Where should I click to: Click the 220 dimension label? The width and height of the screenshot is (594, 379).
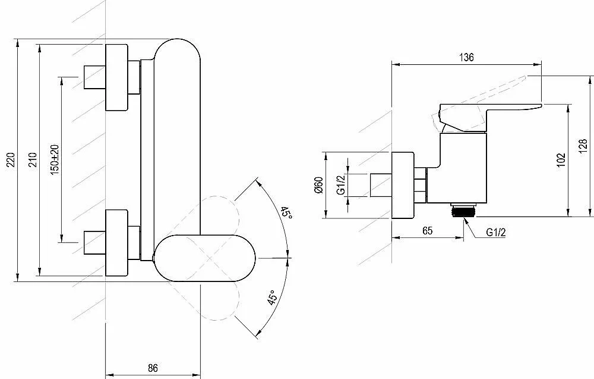pos(11,159)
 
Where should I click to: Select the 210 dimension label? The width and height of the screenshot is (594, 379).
pos(33,159)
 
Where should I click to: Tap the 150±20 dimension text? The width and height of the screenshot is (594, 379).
pos(55,159)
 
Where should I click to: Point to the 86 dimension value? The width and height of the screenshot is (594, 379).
pos(153,368)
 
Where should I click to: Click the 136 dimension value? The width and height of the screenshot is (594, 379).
pos(466,57)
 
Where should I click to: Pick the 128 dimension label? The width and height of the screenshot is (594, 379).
pos(583,146)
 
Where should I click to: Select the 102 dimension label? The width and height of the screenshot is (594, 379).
pos(561,159)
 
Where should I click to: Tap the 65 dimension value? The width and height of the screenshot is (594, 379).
pos(427,231)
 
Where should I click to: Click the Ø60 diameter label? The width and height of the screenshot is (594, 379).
pos(318,185)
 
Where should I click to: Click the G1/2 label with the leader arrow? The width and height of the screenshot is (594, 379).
pos(496,233)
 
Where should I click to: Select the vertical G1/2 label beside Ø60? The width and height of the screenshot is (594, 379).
pos(341,185)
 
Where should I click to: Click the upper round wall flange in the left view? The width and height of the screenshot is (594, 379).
pos(116,77)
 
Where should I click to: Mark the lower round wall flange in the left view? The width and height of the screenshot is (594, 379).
pos(116,243)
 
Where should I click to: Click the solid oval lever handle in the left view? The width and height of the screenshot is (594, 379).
pos(204,258)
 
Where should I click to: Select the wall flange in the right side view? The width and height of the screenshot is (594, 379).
pos(403,185)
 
